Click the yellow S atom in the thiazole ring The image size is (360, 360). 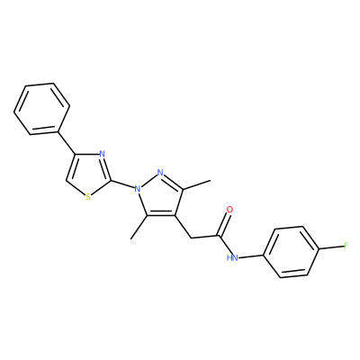pyautogui.click(x=88, y=197)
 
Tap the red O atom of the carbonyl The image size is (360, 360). pyautogui.click(x=230, y=210)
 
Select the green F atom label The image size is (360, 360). pyautogui.click(x=346, y=247)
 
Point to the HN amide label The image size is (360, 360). pyautogui.click(x=232, y=257)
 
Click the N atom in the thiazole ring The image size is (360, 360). pyautogui.click(x=102, y=155)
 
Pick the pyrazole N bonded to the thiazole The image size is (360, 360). pyautogui.click(x=138, y=189)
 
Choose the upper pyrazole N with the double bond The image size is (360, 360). pyautogui.click(x=160, y=173)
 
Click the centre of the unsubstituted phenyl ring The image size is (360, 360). pyautogui.click(x=41, y=109)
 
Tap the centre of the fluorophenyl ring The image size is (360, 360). pyautogui.click(x=292, y=252)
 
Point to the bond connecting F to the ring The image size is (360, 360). pyautogui.click(x=331, y=247)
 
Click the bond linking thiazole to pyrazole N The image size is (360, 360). pyautogui.click(x=122, y=185)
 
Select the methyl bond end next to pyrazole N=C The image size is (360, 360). pyautogui.click(x=211, y=181)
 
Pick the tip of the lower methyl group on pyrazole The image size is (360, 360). pyautogui.click(x=131, y=239)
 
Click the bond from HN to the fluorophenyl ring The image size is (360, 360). pyautogui.click(x=251, y=256)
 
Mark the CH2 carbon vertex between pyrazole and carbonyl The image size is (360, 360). pyautogui.click(x=192, y=238)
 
